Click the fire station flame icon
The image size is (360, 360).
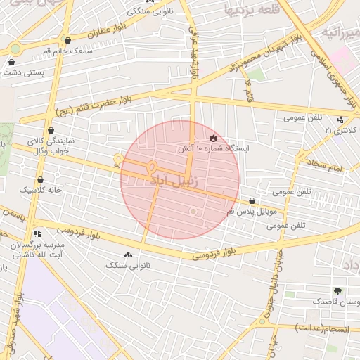[x=214, y=137]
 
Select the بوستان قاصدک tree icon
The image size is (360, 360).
[x=339, y=290]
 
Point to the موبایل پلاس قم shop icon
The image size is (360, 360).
[x=252, y=201]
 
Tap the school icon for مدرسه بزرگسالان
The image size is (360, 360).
[x=37, y=233]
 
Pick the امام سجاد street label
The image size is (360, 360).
[x=323, y=167]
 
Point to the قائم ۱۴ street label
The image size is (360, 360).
[x=249, y=89]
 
